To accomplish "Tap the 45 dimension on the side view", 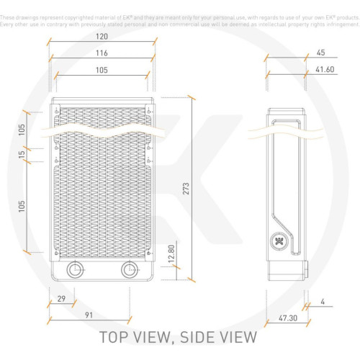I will coord(320,52).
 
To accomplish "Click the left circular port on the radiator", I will coord(73,270).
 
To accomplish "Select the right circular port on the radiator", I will coord(129,270).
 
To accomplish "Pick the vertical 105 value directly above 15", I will coord(21,129).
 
